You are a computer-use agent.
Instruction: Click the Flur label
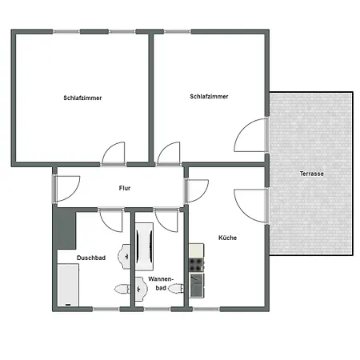point(124,188)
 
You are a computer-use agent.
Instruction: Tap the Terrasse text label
point(311,174)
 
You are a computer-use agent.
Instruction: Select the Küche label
point(227,238)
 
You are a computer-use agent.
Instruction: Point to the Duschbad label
point(91,258)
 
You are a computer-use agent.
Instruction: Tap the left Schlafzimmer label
point(82,98)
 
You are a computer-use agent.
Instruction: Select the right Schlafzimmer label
point(210,96)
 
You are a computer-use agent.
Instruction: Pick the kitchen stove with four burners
point(195,261)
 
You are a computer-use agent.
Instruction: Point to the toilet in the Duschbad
point(122,289)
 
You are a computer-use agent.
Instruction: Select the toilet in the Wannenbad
point(141,283)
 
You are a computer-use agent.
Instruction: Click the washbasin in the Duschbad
point(125,255)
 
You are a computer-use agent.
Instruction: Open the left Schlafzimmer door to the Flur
point(114,153)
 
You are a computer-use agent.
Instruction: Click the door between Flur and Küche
point(196,189)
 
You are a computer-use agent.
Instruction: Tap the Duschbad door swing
point(109,218)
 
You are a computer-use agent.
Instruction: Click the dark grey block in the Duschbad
point(63,230)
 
